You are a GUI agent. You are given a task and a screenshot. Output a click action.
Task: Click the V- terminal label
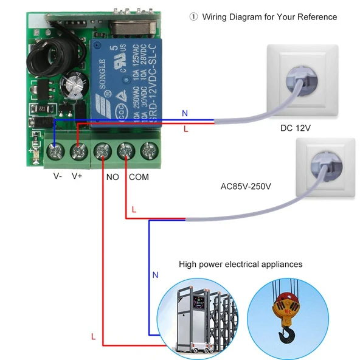click(x=57, y=176)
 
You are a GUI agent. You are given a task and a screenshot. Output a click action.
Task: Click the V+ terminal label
click(x=77, y=176)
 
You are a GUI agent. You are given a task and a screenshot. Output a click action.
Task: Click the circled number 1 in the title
click(x=193, y=17)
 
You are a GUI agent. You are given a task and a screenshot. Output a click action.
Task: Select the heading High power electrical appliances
click(x=240, y=265)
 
